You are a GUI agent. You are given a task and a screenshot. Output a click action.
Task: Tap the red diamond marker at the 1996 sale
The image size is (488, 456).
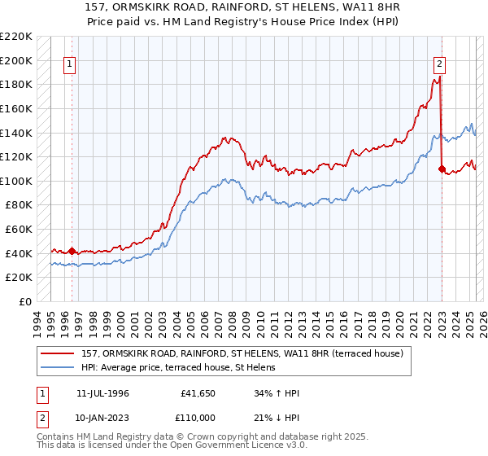pyautogui.click(x=72, y=252)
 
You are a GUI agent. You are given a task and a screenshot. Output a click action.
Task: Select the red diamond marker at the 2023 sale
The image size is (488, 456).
pyautogui.click(x=442, y=169)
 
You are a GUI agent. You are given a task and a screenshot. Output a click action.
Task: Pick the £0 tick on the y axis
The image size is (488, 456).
pyautogui.click(x=24, y=301)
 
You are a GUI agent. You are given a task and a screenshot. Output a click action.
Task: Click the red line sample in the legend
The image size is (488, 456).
pyautogui.click(x=59, y=353)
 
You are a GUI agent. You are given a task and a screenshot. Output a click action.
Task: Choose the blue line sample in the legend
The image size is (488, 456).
pyautogui.click(x=59, y=367)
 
